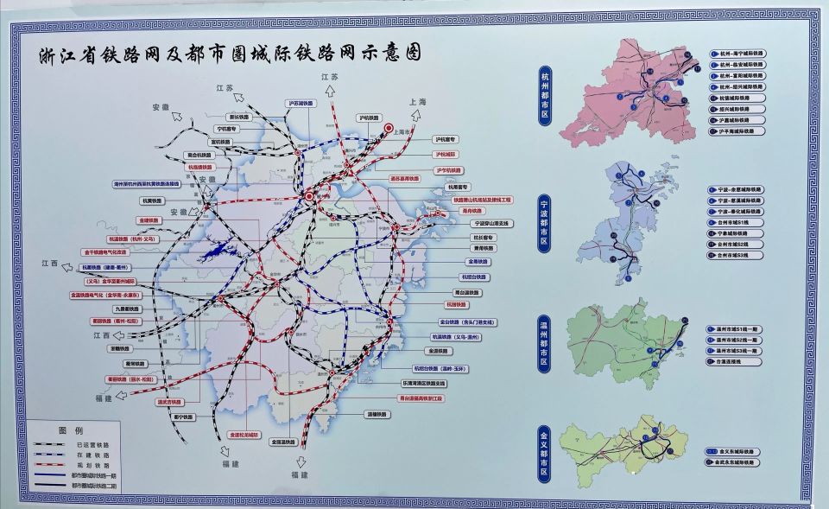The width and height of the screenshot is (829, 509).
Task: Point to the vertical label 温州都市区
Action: (x=545, y=342)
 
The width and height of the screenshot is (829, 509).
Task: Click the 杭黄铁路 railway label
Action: (x=152, y=200)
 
